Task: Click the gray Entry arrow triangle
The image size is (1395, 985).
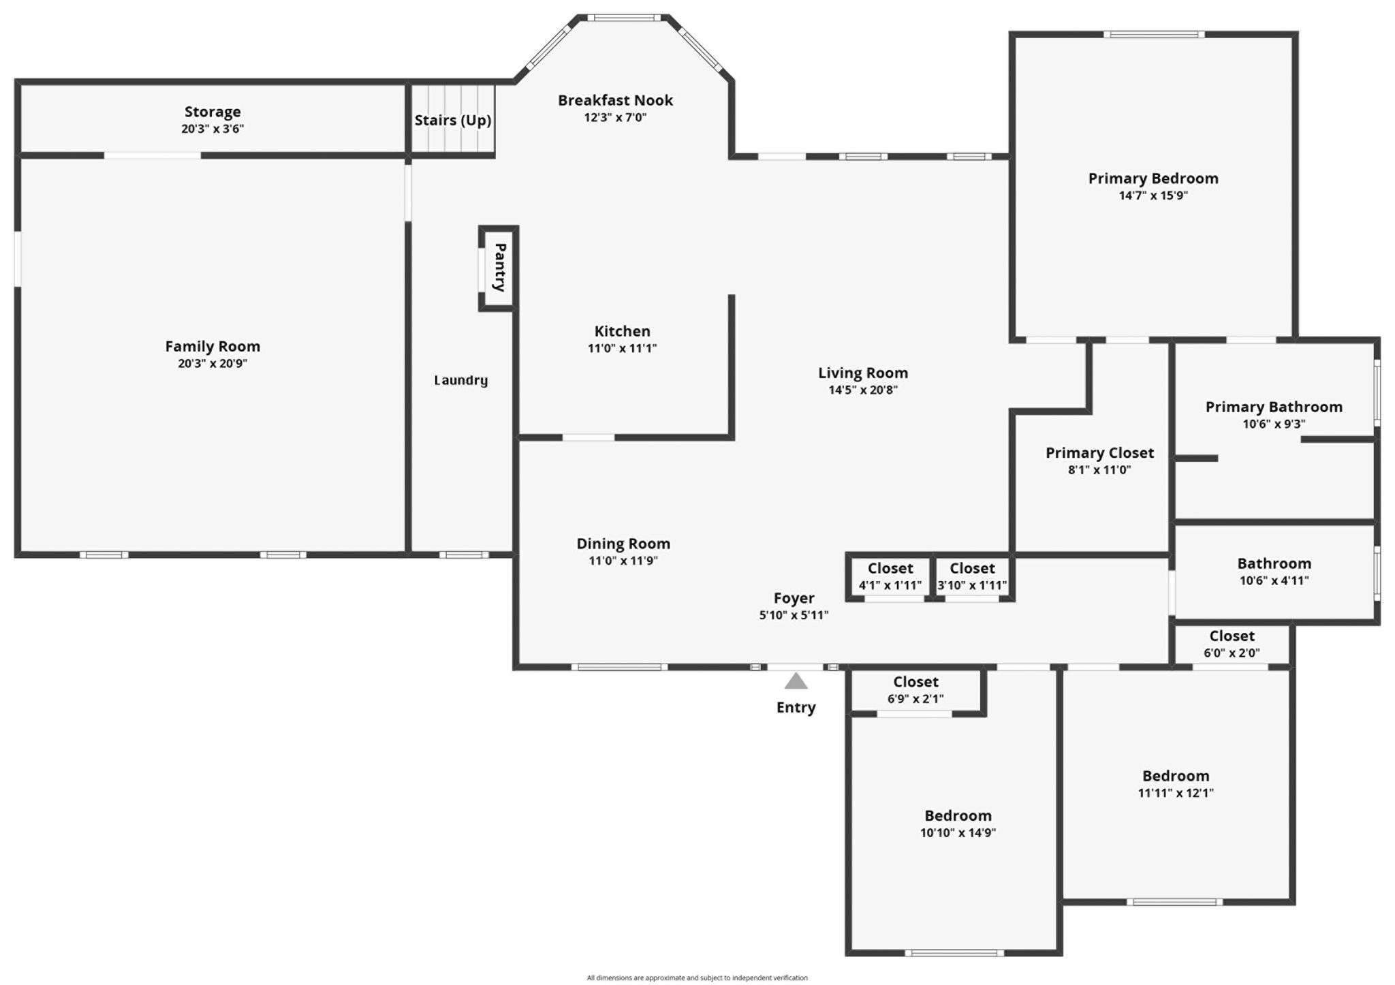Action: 796,681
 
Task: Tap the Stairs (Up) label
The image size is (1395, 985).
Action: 453,121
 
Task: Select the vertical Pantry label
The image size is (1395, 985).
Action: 500,268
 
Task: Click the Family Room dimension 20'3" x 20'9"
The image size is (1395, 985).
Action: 213,364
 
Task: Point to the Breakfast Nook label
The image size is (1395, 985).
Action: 615,101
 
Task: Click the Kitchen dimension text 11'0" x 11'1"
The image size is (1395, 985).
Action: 622,349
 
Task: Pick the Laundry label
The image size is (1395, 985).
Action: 461,380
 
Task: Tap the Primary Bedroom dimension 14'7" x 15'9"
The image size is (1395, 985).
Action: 1153,196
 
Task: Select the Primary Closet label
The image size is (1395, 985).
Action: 1099,453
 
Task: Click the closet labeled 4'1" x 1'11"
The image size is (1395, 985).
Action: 890,576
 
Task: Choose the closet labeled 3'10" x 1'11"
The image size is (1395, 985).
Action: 972,576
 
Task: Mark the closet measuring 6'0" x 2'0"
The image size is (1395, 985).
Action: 1232,644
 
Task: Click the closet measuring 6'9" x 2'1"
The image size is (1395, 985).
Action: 915,689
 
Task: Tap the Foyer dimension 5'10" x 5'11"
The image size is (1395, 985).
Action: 794,616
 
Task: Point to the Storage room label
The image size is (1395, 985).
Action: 213,112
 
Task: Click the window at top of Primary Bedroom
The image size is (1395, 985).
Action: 1154,35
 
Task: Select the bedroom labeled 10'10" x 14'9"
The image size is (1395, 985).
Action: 958,824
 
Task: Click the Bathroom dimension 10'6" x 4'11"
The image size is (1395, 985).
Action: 1274,581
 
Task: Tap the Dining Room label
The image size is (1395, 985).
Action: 623,544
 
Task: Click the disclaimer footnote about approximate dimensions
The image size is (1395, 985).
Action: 697,978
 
